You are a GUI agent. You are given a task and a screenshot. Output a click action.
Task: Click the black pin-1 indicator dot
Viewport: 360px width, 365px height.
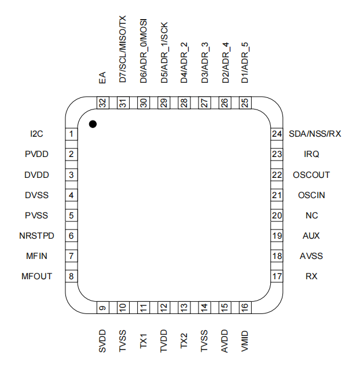92,124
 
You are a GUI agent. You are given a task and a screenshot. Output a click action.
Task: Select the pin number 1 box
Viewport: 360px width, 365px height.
71,134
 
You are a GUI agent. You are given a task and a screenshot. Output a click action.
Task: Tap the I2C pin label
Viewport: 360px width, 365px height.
37,134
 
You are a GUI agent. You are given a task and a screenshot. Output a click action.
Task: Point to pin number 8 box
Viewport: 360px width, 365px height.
71,276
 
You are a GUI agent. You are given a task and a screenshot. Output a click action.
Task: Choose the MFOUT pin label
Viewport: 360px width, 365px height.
36,276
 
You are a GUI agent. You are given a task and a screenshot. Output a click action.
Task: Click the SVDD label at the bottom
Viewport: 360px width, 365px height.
102,342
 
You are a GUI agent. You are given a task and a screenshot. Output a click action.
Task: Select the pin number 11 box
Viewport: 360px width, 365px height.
143,309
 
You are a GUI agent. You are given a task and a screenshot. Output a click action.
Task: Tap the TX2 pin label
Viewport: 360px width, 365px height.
184,340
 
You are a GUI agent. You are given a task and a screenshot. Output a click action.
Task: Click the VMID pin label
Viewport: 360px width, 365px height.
245,341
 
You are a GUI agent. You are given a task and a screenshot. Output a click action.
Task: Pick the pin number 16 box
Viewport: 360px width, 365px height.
245,309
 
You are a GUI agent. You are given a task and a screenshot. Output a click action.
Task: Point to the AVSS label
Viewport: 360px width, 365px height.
311,256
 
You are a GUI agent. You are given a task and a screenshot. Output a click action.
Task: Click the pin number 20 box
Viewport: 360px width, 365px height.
277,216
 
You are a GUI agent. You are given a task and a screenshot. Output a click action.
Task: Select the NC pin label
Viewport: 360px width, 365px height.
312,216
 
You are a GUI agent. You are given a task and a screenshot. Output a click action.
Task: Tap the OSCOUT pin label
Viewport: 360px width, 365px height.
311,175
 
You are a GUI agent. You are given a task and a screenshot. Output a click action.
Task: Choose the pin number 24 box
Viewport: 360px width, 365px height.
277,134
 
